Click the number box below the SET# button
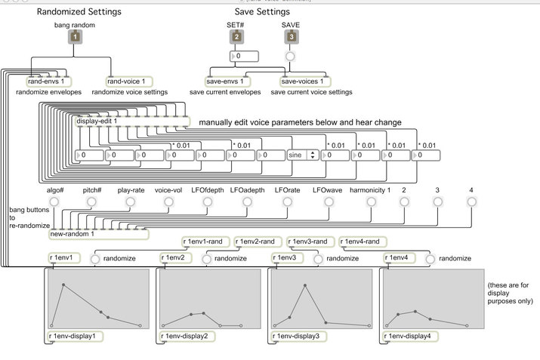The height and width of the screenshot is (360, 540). pos(243,56)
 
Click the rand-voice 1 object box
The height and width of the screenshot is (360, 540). pos(125,81)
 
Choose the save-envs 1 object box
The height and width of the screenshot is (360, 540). pos(227,81)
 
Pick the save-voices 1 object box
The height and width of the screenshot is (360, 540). pos(305,81)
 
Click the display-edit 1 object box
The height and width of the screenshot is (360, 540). pos(97,121)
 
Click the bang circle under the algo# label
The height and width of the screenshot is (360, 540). pos(54,202)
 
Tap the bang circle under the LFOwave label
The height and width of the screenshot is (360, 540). pos(326,202)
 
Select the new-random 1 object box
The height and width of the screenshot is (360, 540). pos(73,234)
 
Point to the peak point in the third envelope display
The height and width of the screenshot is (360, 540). pos(305,285)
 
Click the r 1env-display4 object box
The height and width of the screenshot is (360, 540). pos(412,335)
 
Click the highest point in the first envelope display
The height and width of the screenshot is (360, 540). pos(63,285)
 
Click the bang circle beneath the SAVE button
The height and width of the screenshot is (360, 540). pos(290,56)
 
